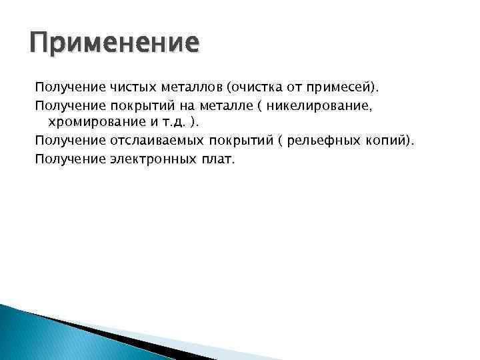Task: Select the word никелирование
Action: pos(313,106)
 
